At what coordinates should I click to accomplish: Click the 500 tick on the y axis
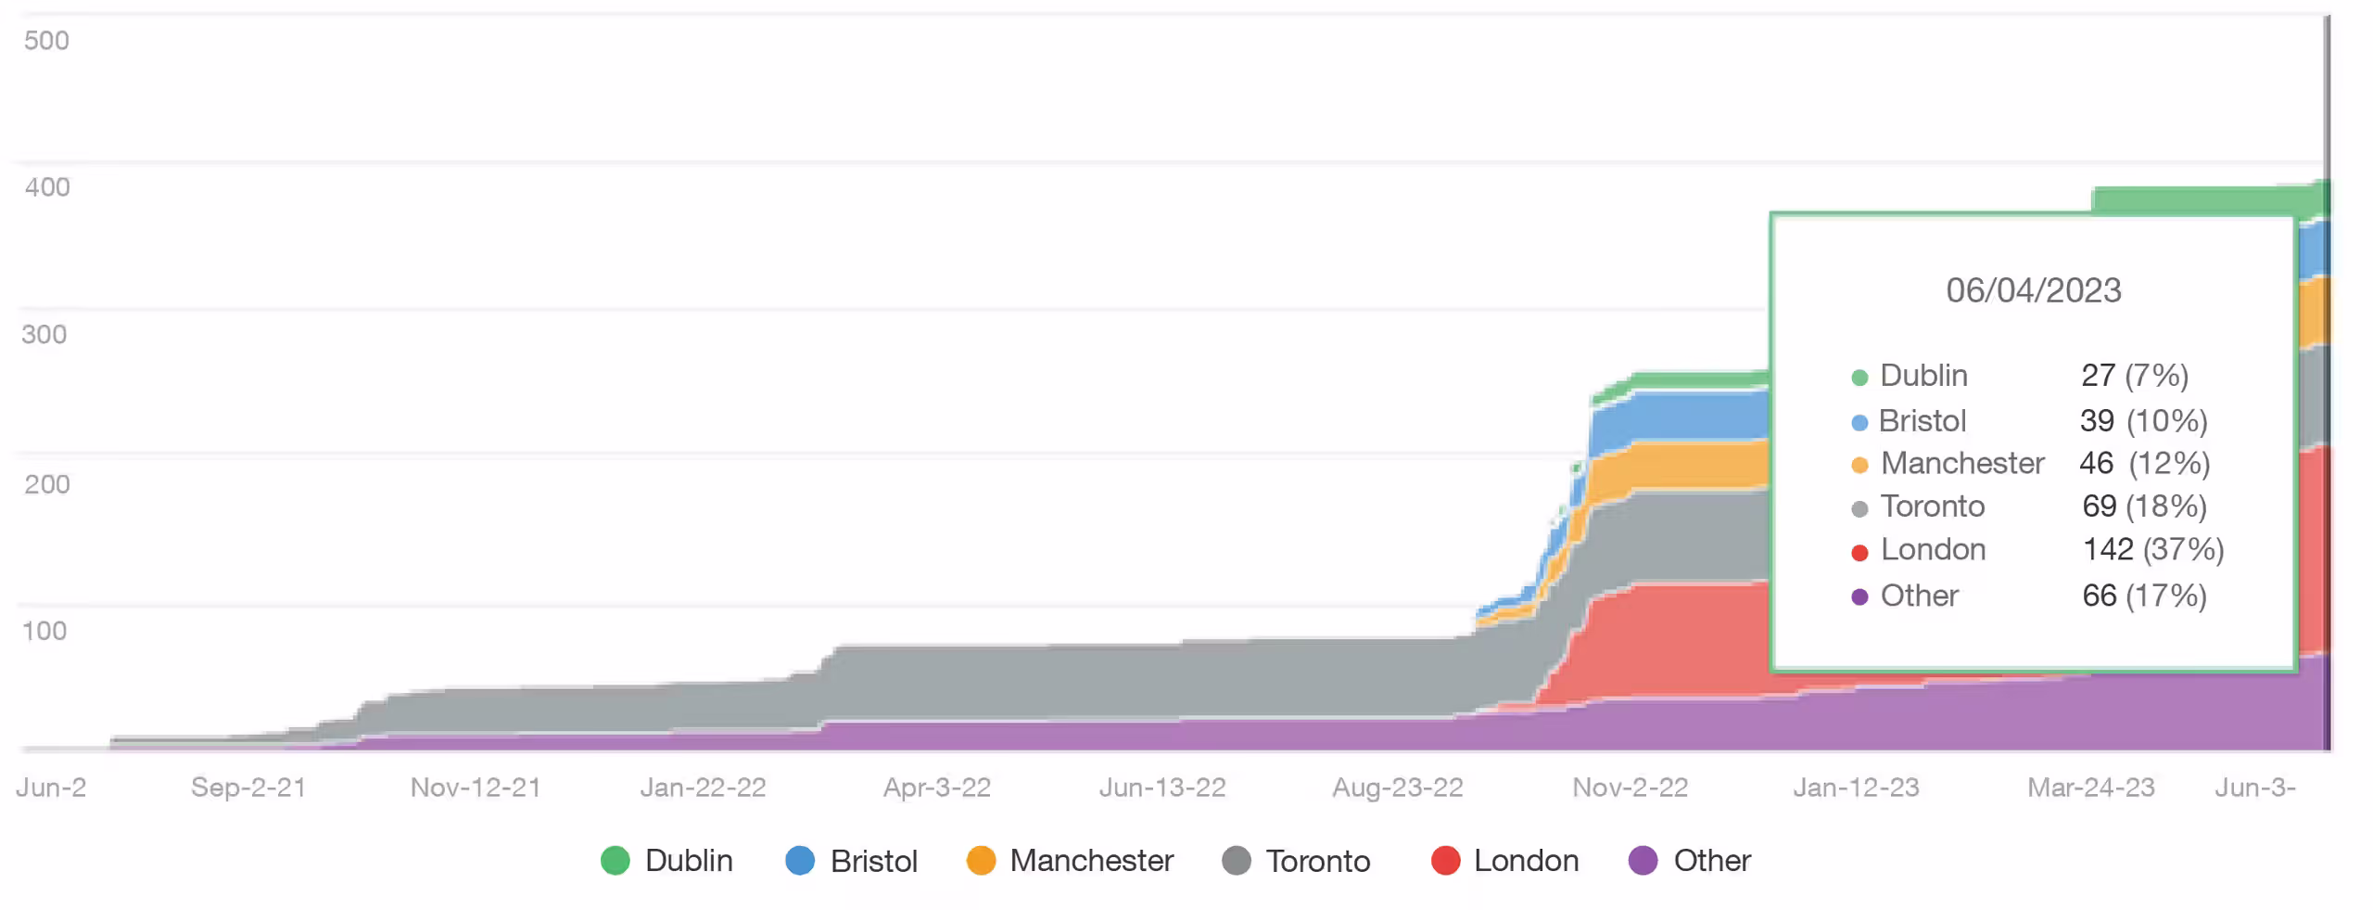[x=46, y=41]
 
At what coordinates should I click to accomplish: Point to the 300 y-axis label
[x=44, y=334]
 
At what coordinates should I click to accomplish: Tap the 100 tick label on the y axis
[x=44, y=631]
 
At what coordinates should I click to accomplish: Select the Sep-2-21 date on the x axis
[x=248, y=788]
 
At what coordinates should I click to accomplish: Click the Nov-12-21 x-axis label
[x=476, y=788]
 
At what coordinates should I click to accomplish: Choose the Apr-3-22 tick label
[x=937, y=788]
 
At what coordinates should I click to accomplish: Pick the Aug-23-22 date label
[x=1398, y=788]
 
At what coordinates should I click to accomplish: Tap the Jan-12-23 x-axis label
[x=1856, y=788]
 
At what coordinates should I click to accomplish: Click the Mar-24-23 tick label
[x=2091, y=788]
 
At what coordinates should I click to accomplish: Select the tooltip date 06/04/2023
[x=2034, y=290]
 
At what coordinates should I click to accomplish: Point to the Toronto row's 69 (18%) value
[x=2144, y=506]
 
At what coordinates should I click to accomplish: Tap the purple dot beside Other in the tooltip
[x=1859, y=596]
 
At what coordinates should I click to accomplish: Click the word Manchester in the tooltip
[x=1962, y=463]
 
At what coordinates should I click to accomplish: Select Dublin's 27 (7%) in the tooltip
[x=2135, y=376]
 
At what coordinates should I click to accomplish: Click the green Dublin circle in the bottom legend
[x=615, y=861]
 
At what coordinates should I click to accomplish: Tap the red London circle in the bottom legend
[x=1445, y=861]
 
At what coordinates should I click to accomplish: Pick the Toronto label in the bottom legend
[x=1317, y=861]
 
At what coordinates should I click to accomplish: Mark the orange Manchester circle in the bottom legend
[x=981, y=861]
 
